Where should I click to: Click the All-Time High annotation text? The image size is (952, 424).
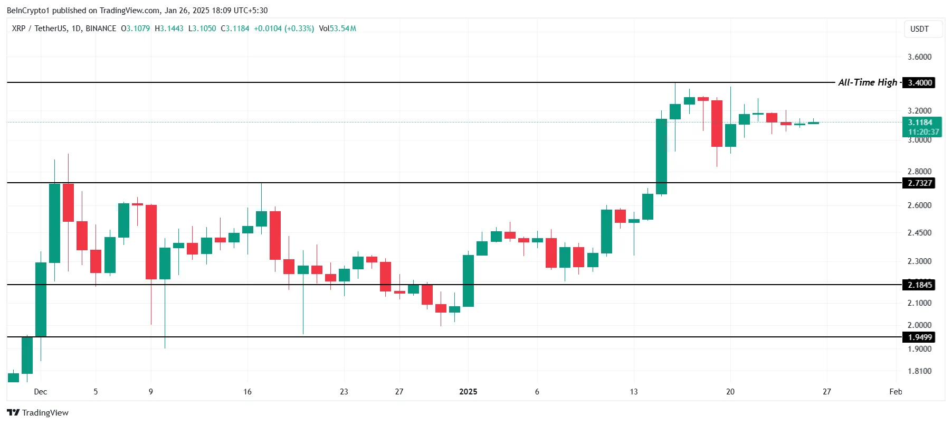click(x=867, y=82)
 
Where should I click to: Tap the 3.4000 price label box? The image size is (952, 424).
click(x=919, y=83)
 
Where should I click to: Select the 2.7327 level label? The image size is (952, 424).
click(x=919, y=183)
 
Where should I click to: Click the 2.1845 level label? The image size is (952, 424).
click(x=919, y=285)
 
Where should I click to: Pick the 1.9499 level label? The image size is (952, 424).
click(x=919, y=337)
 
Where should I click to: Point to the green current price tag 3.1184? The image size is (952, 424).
click(x=919, y=123)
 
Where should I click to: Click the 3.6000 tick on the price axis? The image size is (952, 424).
click(x=919, y=57)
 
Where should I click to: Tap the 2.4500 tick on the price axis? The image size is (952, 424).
click(x=919, y=233)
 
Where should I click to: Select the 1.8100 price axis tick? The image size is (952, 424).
click(x=919, y=371)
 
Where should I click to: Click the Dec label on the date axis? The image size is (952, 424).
click(x=41, y=392)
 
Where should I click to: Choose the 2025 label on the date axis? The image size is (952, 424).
click(x=468, y=392)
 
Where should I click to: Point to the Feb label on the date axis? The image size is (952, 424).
click(x=896, y=392)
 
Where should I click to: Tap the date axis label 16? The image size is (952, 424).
click(x=247, y=392)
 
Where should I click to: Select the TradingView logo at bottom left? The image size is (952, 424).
click(x=37, y=413)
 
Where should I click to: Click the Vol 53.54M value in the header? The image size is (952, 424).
click(x=338, y=29)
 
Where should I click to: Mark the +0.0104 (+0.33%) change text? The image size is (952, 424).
click(x=284, y=29)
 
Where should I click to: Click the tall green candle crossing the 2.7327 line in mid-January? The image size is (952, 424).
click(x=661, y=156)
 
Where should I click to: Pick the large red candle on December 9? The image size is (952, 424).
click(x=151, y=242)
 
